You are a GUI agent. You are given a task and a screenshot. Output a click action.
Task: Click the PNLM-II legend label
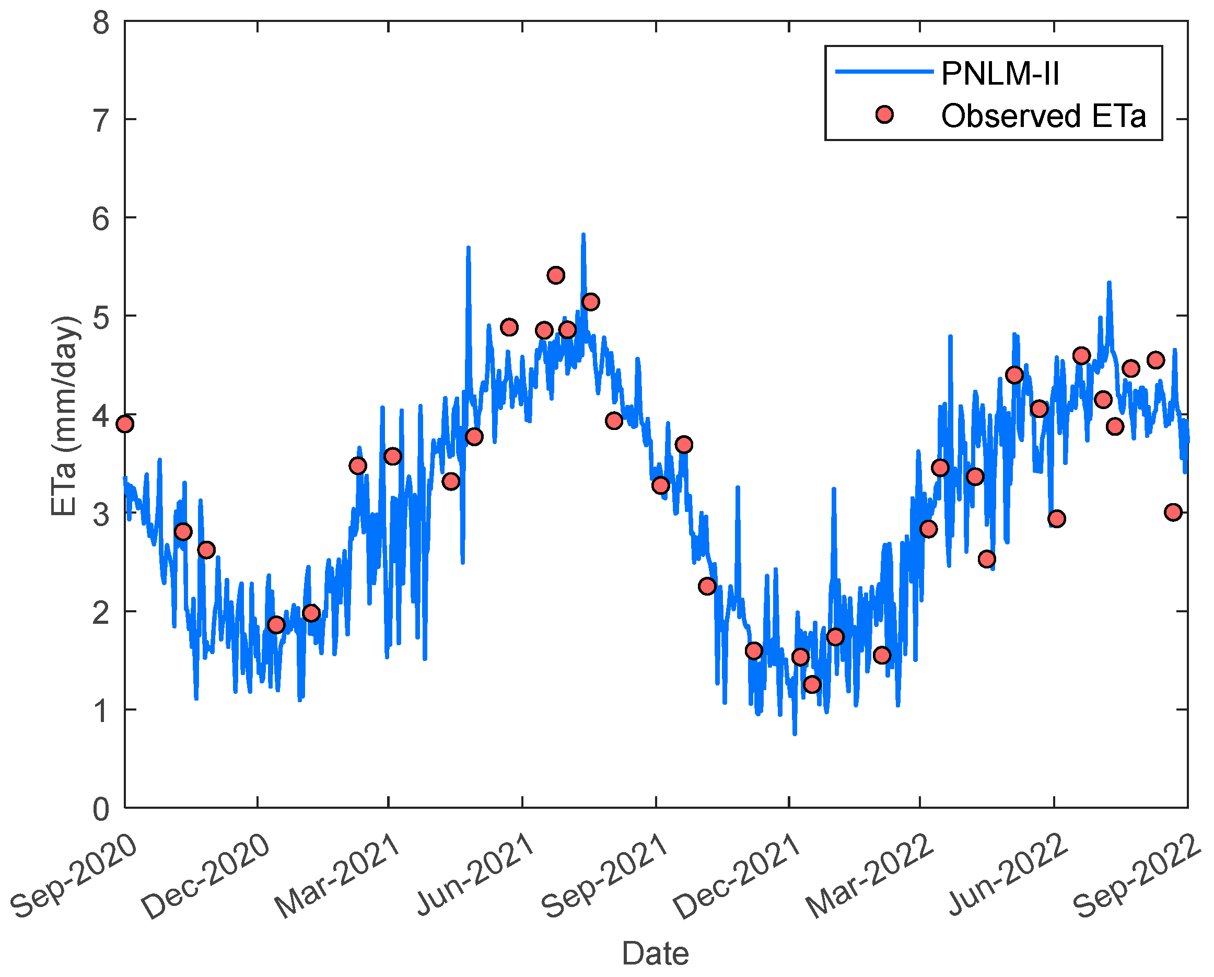(x=1000, y=74)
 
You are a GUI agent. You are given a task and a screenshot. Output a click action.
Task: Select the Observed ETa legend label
(x=1043, y=116)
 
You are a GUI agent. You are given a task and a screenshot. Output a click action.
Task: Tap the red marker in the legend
(x=884, y=115)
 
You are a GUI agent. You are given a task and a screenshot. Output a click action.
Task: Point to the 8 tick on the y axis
(x=101, y=23)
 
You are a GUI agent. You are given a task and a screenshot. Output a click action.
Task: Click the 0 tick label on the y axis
(x=101, y=810)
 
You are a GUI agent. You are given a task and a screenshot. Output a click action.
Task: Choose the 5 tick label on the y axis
(x=101, y=318)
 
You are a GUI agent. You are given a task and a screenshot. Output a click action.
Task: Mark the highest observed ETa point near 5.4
(x=556, y=275)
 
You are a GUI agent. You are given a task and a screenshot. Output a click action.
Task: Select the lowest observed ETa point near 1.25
(x=812, y=685)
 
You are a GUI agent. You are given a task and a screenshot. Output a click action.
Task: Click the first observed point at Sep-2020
(x=125, y=424)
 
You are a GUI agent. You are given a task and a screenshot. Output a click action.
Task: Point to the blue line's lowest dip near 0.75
(x=795, y=734)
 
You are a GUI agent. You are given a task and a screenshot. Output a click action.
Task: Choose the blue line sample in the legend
(x=884, y=72)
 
